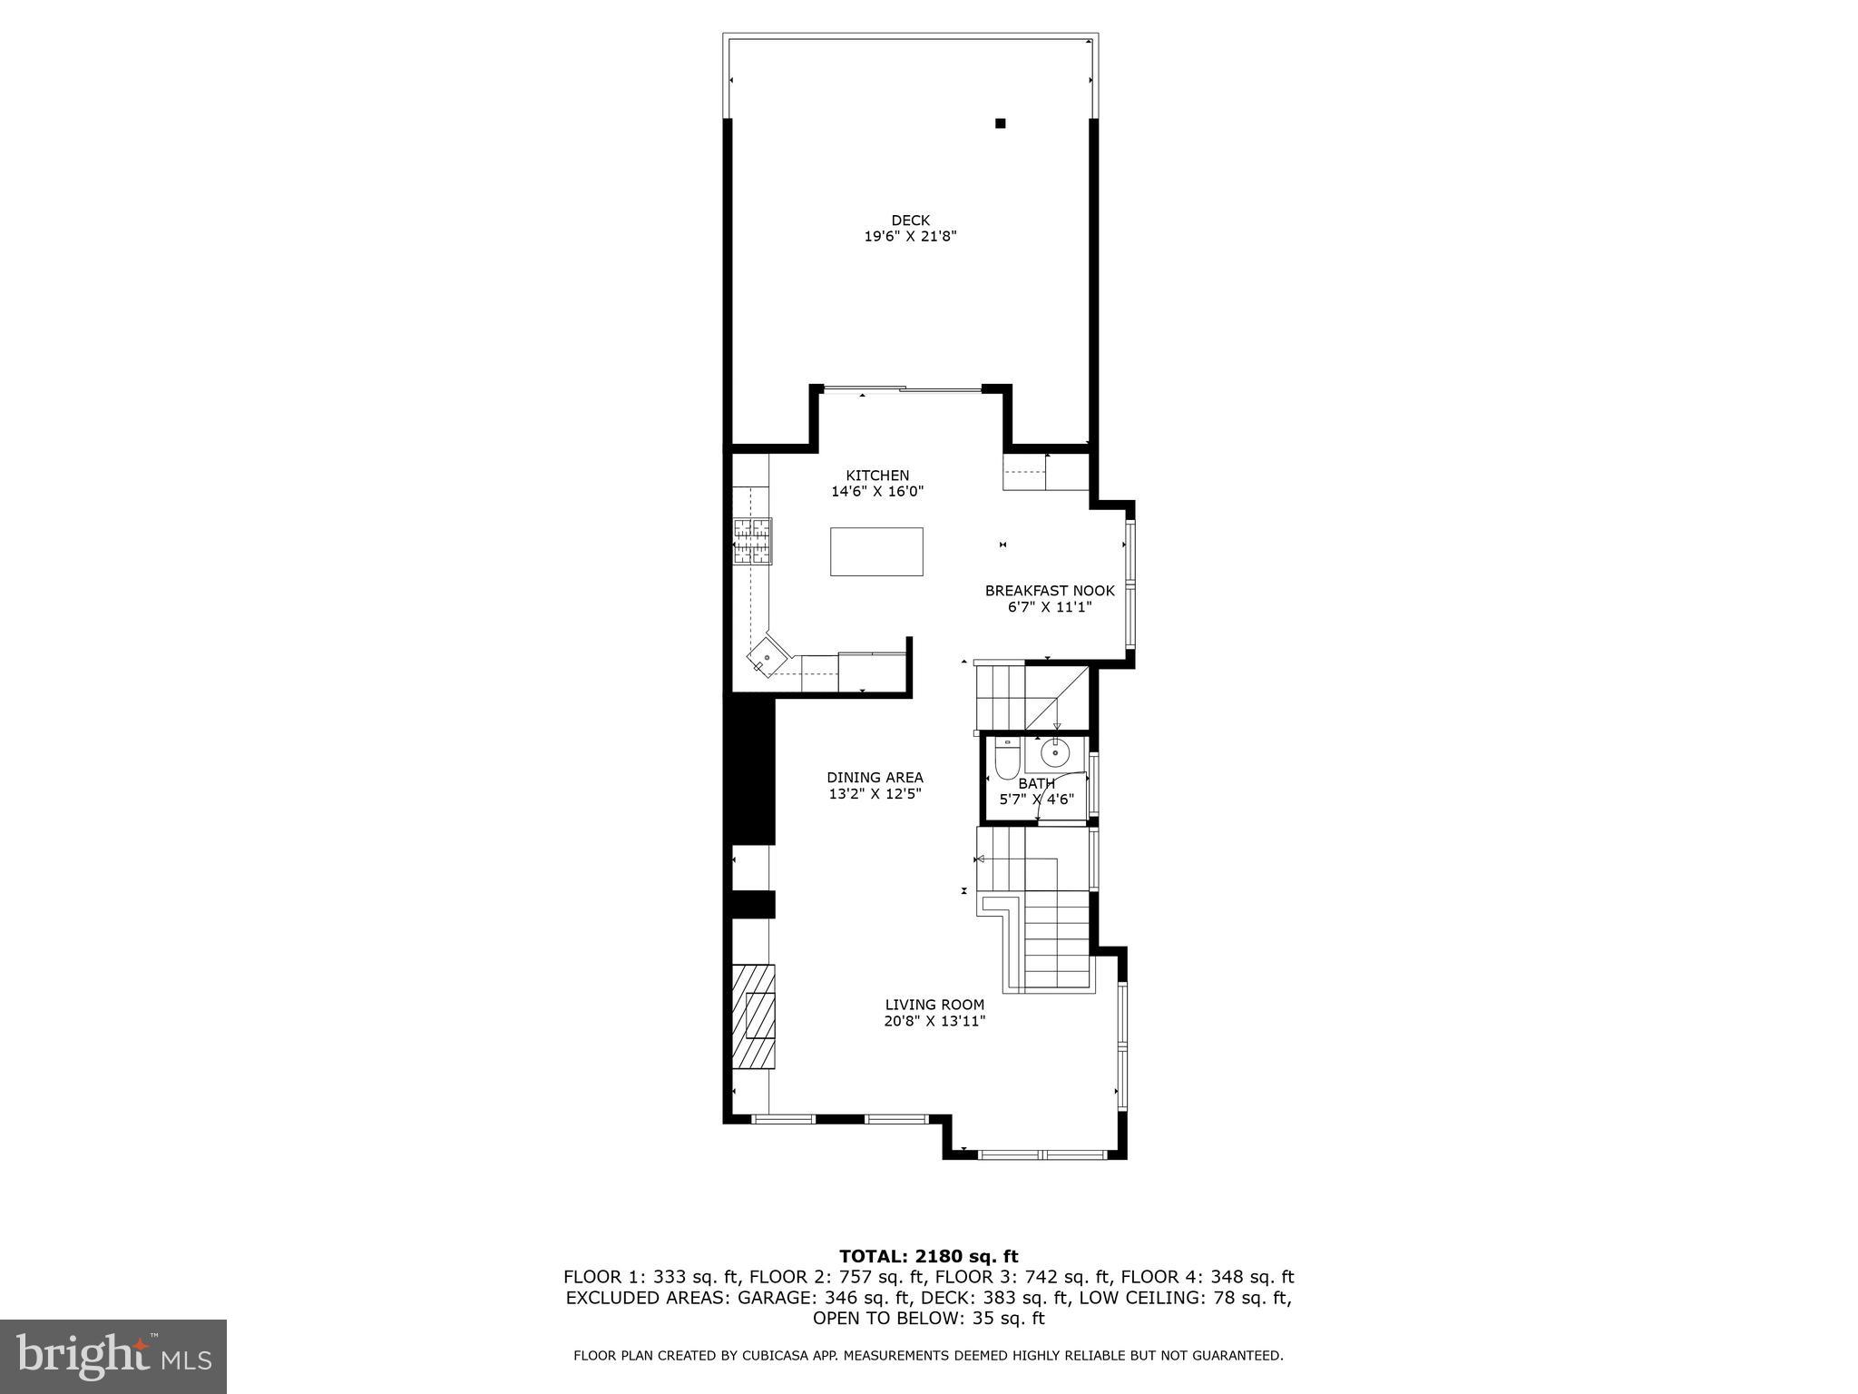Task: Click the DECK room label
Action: [910, 221]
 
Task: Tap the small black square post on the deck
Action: [1001, 123]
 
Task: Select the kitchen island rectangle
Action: [876, 551]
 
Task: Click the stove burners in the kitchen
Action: [752, 542]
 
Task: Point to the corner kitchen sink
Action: [768, 656]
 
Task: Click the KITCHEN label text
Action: [877, 476]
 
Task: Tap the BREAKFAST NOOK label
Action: [1050, 591]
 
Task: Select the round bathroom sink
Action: [1054, 752]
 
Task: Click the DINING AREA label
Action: [875, 778]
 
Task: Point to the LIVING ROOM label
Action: [934, 1005]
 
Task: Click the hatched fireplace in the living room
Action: [755, 1016]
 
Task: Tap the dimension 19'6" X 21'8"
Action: [910, 237]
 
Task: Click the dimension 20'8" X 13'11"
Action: [934, 1021]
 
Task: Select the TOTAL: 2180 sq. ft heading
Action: [928, 1256]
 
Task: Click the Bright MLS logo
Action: [113, 1357]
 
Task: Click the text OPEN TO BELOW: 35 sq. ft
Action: [928, 1319]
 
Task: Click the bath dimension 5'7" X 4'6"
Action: [1036, 800]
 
